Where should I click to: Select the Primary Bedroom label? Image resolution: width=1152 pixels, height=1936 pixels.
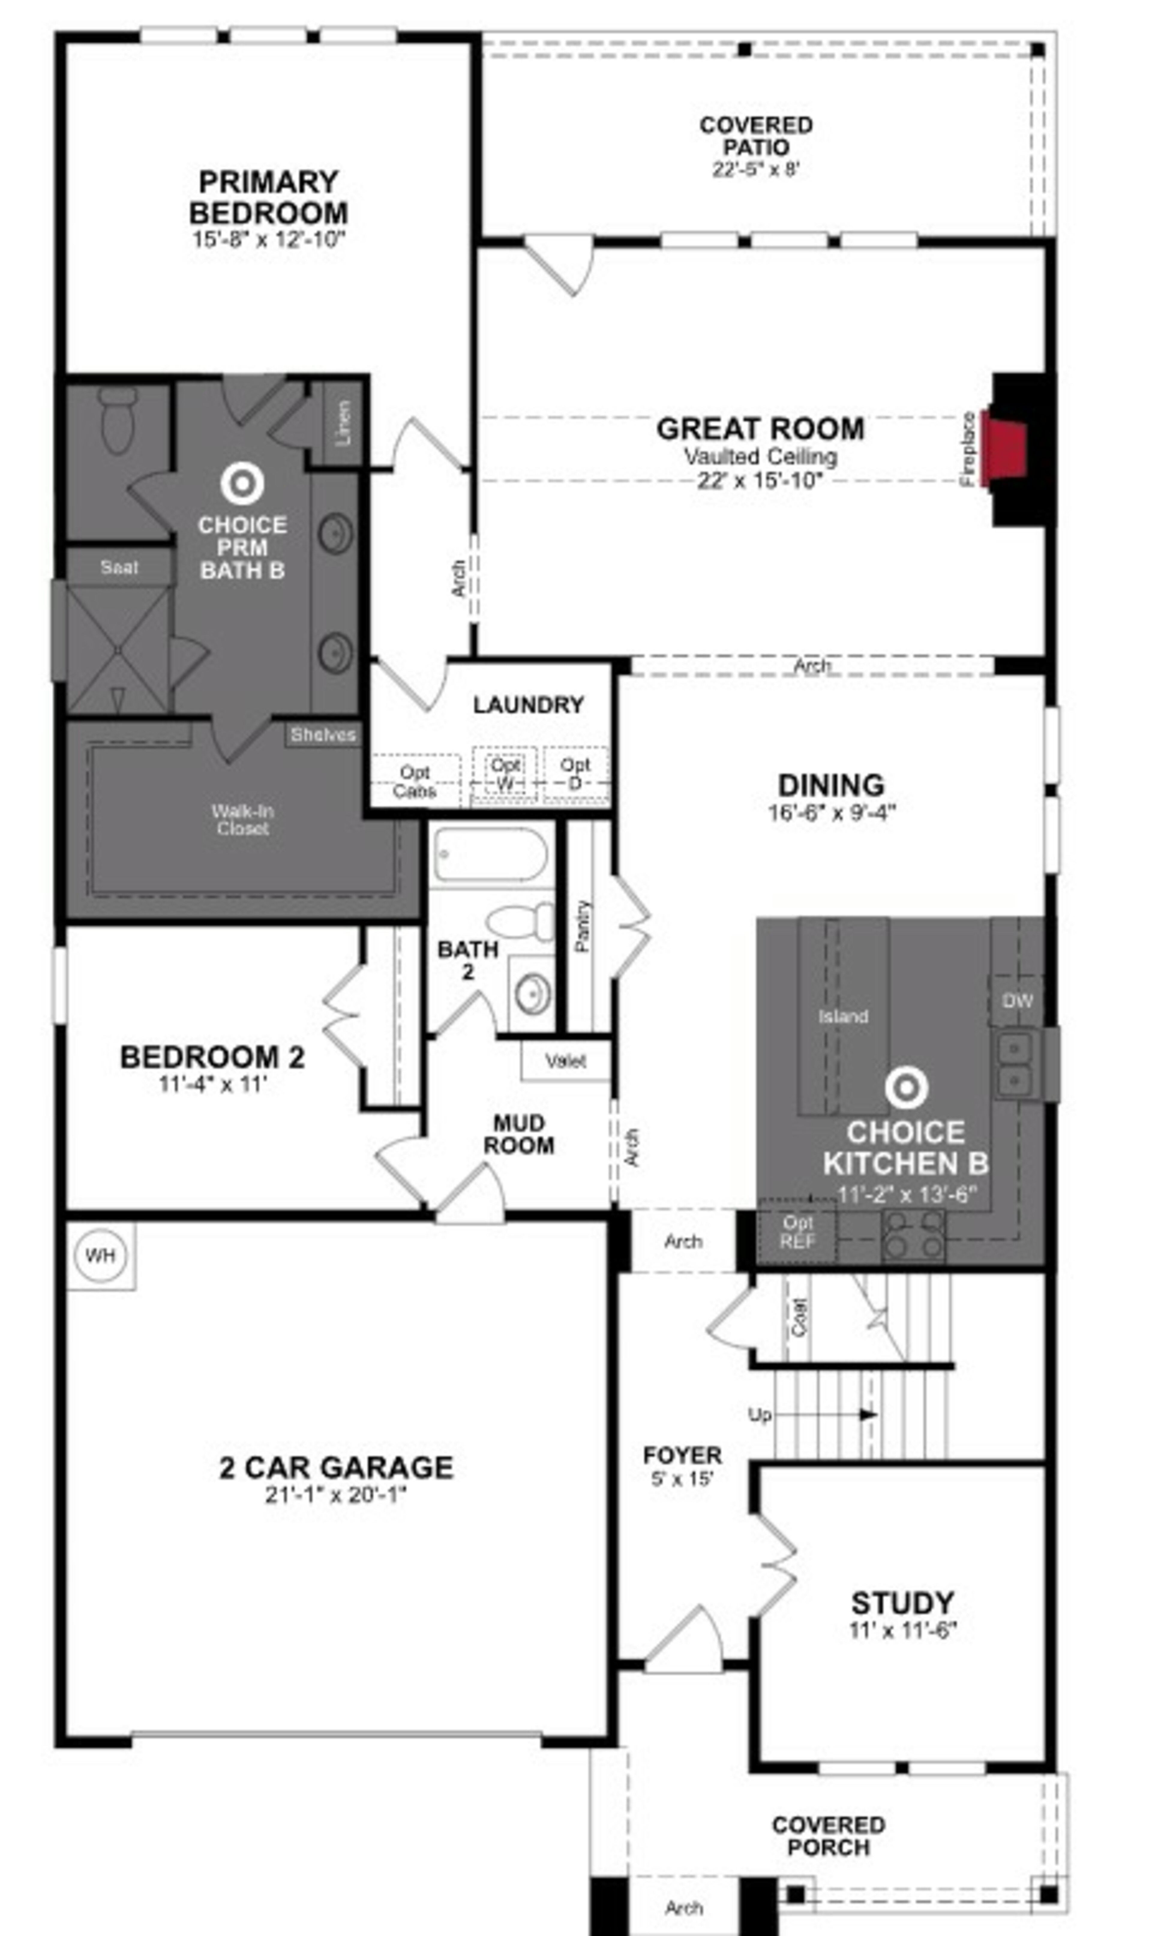[268, 197]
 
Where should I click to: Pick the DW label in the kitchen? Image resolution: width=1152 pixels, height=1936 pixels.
[1017, 1001]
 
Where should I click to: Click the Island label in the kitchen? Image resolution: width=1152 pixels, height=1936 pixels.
[843, 1016]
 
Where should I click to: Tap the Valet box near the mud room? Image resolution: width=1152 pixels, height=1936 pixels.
[565, 1060]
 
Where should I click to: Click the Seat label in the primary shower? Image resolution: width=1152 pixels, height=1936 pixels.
[119, 567]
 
